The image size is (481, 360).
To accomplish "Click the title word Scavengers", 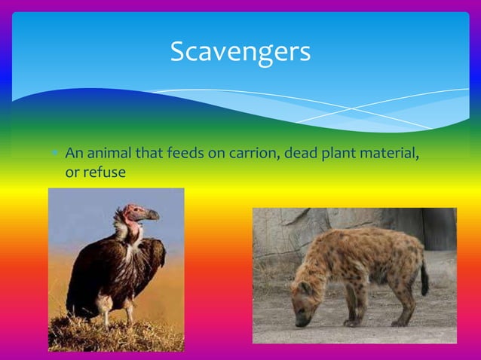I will (240, 52).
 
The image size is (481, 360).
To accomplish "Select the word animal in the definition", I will (110, 154).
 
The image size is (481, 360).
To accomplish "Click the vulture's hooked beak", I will (152, 215).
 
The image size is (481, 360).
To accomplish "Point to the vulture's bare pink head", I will (137, 213).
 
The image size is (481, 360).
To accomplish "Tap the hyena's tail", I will (424, 279).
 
